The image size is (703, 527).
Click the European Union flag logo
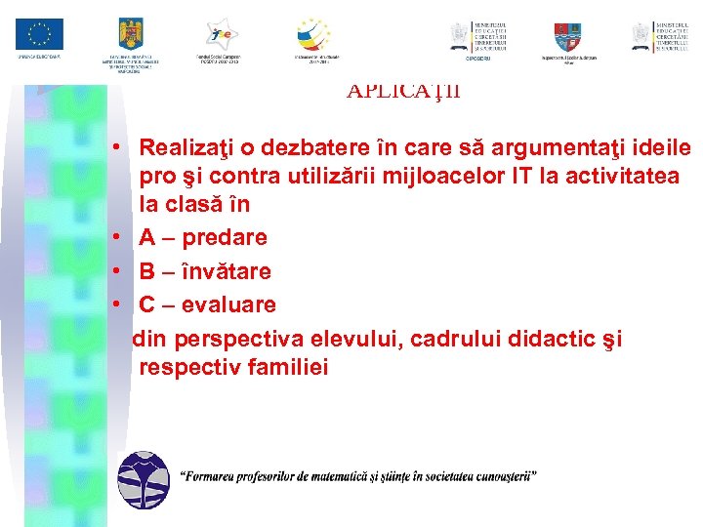point(39,34)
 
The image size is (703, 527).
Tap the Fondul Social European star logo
point(219,34)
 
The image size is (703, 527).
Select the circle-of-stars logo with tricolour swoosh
point(313,34)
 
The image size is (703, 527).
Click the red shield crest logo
point(567,36)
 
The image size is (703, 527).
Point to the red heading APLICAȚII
point(403,92)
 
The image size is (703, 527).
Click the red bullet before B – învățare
point(115,271)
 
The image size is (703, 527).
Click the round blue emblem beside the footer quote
point(143,480)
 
